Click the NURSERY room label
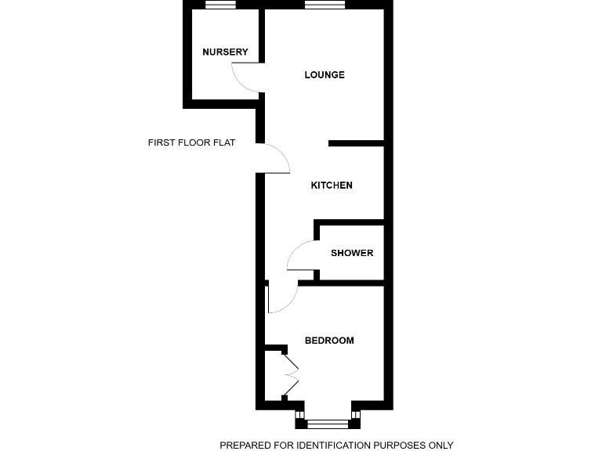pos(225,52)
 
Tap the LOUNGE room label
pos(325,75)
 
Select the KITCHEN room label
pos(332,186)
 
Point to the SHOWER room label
pos(352,253)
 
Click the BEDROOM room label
pos(329,341)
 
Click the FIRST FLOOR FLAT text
pos(191,143)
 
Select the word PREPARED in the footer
pos(246,446)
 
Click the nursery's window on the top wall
pos(221,5)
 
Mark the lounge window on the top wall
pos(325,5)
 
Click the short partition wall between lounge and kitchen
pos(356,143)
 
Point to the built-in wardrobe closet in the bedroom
pos(273,376)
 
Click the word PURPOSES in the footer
pos(400,446)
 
